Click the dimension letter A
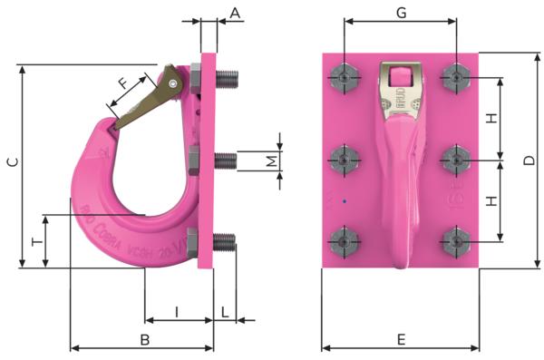[x=235, y=13]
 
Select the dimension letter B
[x=143, y=339]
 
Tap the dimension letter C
[x=12, y=163]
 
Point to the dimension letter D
[x=529, y=161]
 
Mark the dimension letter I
[x=177, y=312]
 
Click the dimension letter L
[x=225, y=312]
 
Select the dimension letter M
[x=271, y=161]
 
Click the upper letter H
[x=491, y=119]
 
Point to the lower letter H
[x=491, y=200]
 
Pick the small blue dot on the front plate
[x=345, y=200]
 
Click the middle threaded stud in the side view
[x=225, y=161]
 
